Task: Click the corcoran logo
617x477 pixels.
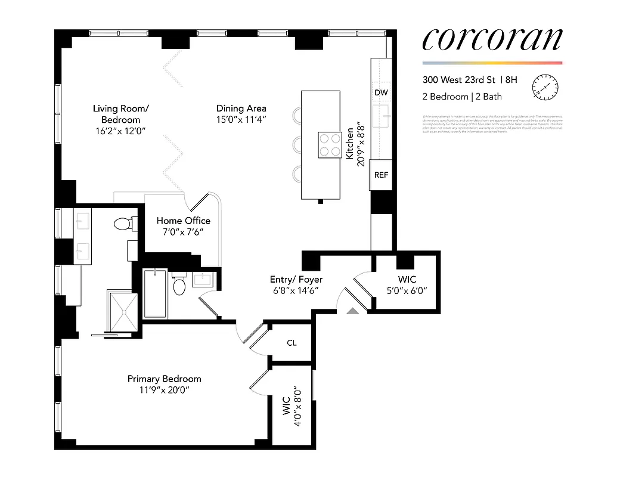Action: point(492,40)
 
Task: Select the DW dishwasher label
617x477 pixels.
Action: point(381,92)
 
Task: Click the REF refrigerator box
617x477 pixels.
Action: point(381,175)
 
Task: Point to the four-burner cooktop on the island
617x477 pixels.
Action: point(329,144)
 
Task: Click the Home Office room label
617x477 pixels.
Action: point(183,221)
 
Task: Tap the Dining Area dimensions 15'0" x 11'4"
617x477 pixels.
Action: point(241,119)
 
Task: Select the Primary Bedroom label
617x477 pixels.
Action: point(164,379)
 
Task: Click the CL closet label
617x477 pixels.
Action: point(292,343)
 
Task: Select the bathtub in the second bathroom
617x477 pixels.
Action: point(155,293)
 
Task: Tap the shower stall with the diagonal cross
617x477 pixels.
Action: point(123,310)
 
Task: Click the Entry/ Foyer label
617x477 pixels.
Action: point(294,279)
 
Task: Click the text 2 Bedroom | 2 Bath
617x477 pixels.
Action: point(463,96)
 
